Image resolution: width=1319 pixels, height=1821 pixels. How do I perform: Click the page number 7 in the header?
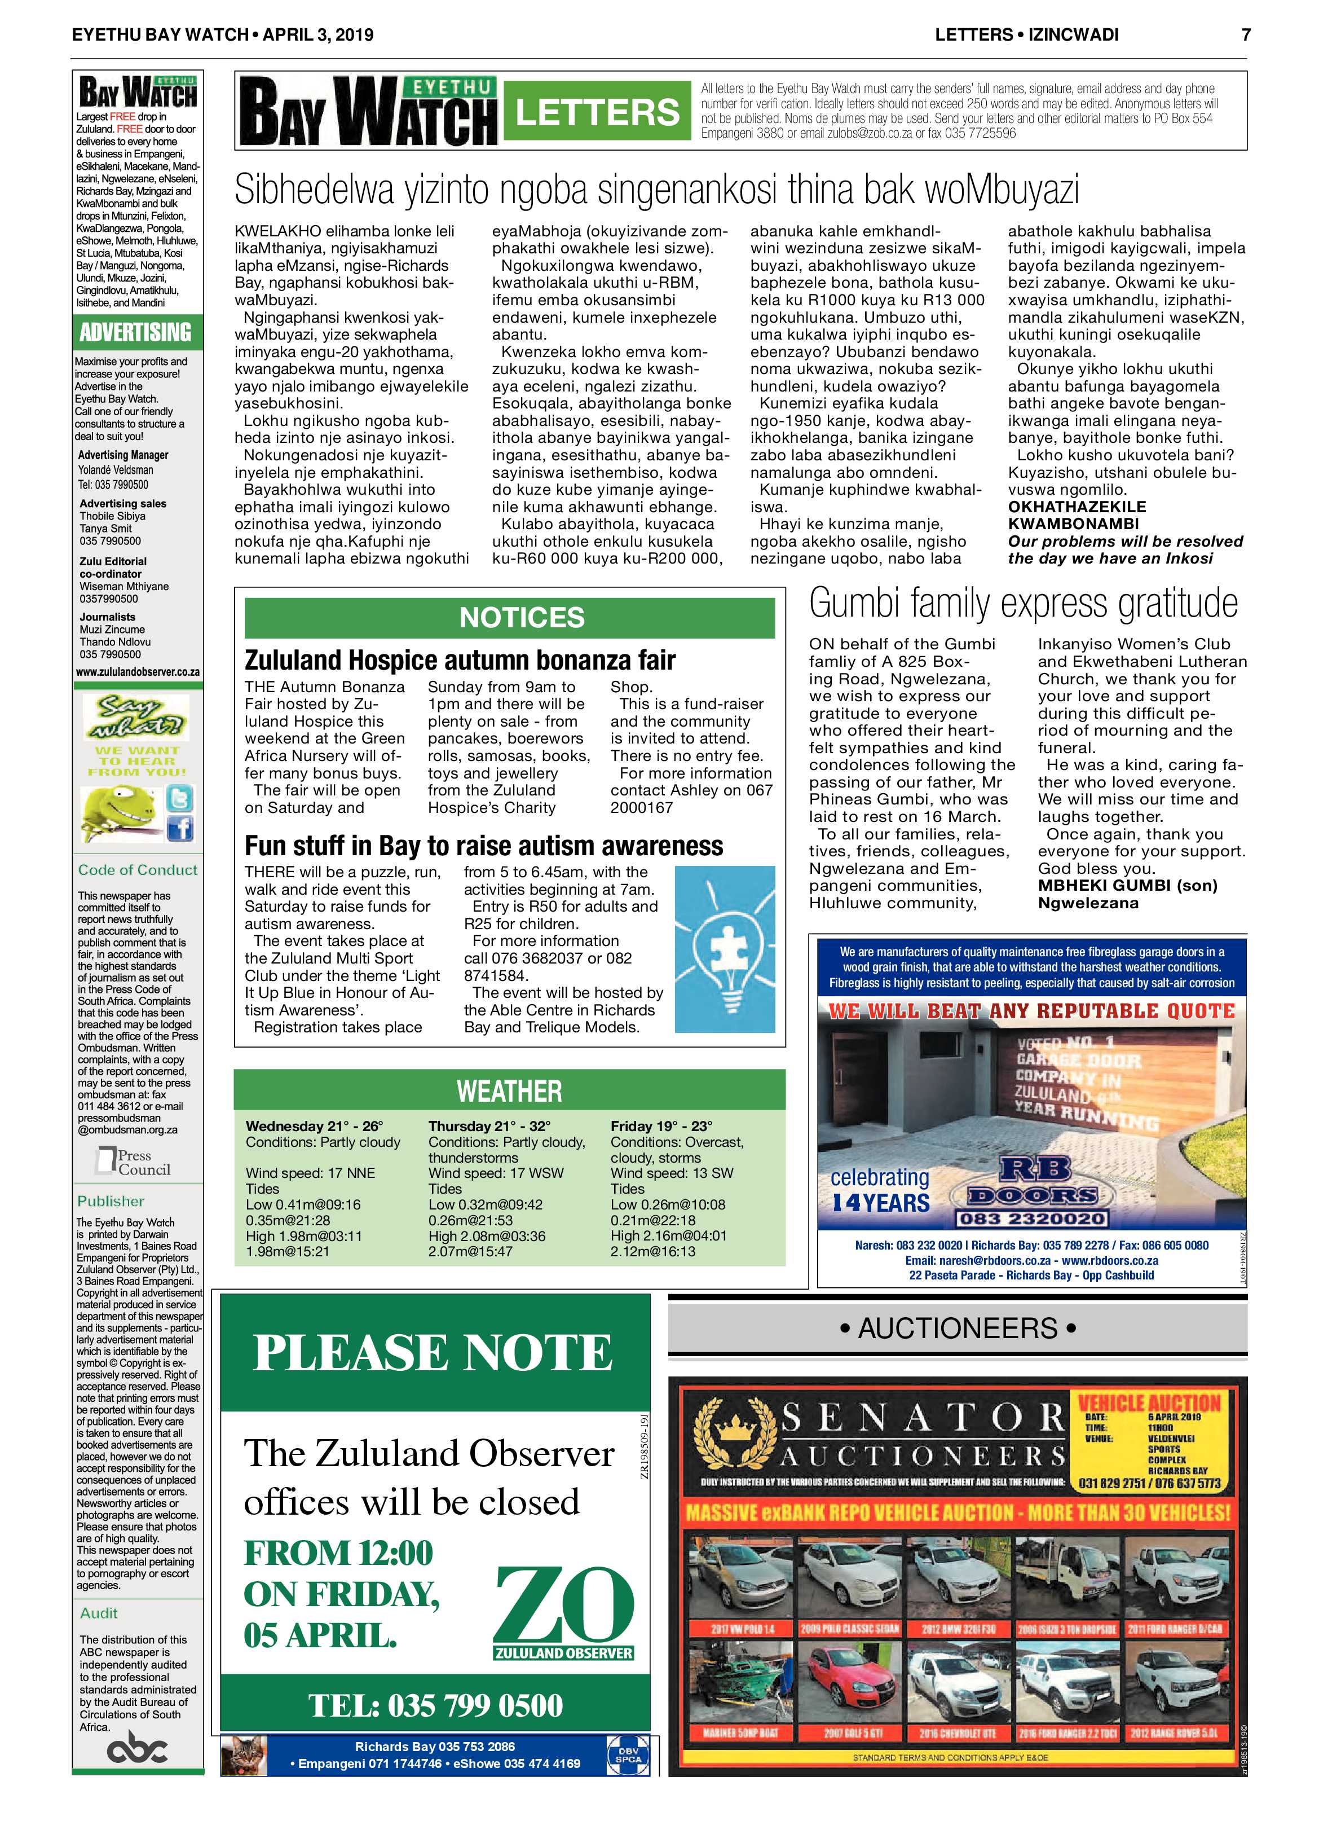coord(1245,34)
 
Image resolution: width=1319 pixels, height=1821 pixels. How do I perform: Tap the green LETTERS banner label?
coord(597,112)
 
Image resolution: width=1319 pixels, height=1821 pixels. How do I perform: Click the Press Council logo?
coord(133,1162)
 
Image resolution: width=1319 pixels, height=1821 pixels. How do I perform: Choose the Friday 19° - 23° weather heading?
coord(661,1125)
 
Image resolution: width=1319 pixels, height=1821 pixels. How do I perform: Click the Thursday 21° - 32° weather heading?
coord(489,1125)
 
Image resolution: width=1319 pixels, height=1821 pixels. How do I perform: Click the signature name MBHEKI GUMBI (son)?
coord(1127,886)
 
